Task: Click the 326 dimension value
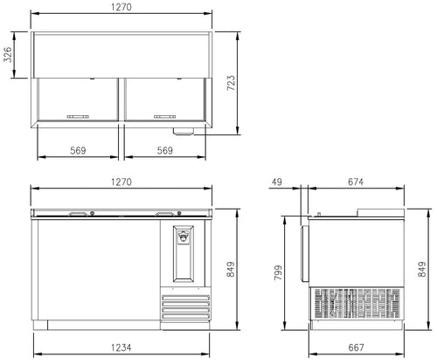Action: click(8, 54)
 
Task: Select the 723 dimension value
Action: click(231, 83)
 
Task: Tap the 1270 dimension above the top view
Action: click(121, 7)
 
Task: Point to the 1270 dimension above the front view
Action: click(121, 182)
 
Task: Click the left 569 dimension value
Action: click(78, 150)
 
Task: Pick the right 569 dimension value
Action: click(165, 150)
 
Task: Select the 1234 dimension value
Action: click(121, 347)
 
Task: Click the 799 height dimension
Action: click(278, 272)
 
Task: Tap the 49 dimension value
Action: click(277, 182)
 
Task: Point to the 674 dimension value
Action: click(356, 182)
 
